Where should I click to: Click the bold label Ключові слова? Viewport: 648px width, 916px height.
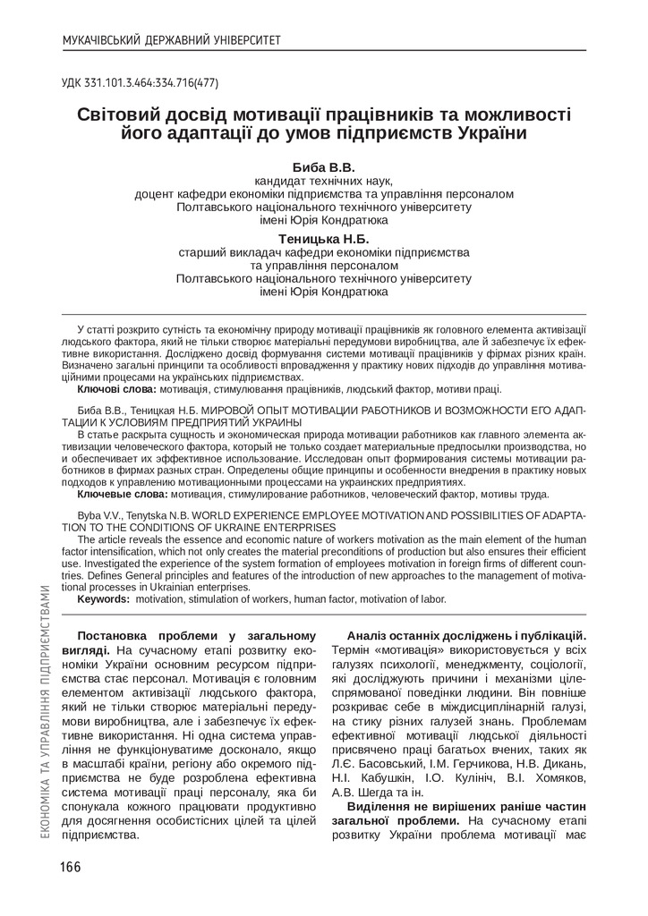tap(116, 390)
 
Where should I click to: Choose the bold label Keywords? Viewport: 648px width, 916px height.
tap(104, 598)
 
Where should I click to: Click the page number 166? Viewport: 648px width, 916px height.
tap(72, 867)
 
